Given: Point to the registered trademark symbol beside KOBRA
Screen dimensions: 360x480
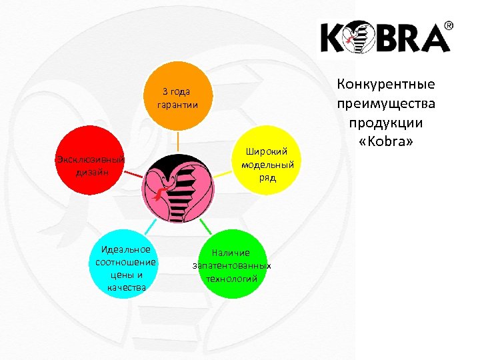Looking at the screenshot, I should click(449, 26).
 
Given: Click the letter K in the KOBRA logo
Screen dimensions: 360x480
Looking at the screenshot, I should click(333, 39).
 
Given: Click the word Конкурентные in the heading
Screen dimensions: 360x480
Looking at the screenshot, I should click(386, 85).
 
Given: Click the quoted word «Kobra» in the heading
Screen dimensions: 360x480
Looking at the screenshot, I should click(386, 143).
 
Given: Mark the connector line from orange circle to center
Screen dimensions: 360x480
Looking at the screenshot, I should click(178, 141).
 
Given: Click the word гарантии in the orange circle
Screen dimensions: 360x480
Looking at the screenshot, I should click(177, 105).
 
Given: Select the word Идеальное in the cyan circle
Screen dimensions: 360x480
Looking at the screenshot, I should click(121, 249).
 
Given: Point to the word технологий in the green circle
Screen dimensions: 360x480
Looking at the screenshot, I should click(231, 278).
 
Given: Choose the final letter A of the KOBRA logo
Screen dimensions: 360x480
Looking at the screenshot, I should click(433, 39).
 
